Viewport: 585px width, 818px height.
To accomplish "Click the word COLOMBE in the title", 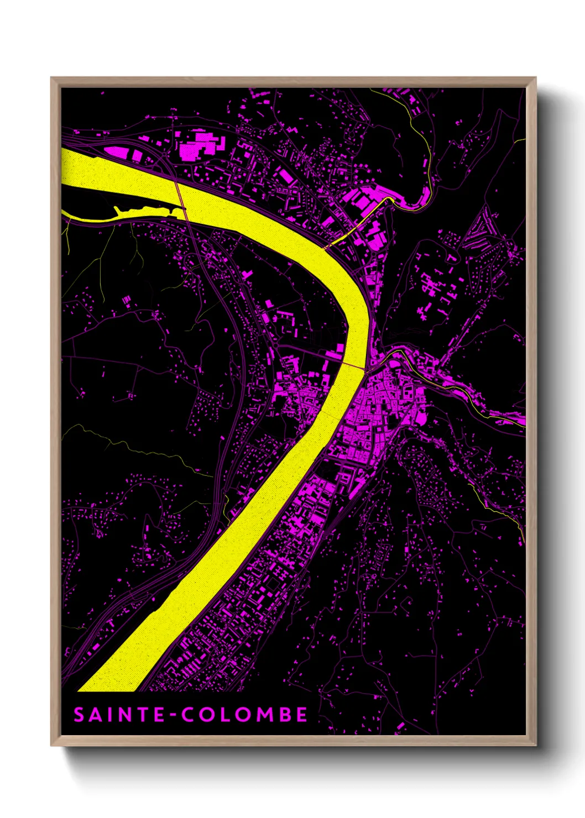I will [245, 715].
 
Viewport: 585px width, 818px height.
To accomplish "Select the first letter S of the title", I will [79, 715].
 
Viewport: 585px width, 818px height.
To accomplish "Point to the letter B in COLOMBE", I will [283, 715].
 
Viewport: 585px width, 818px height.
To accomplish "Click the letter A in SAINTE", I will [95, 715].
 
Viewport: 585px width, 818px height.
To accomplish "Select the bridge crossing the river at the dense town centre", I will [354, 367].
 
